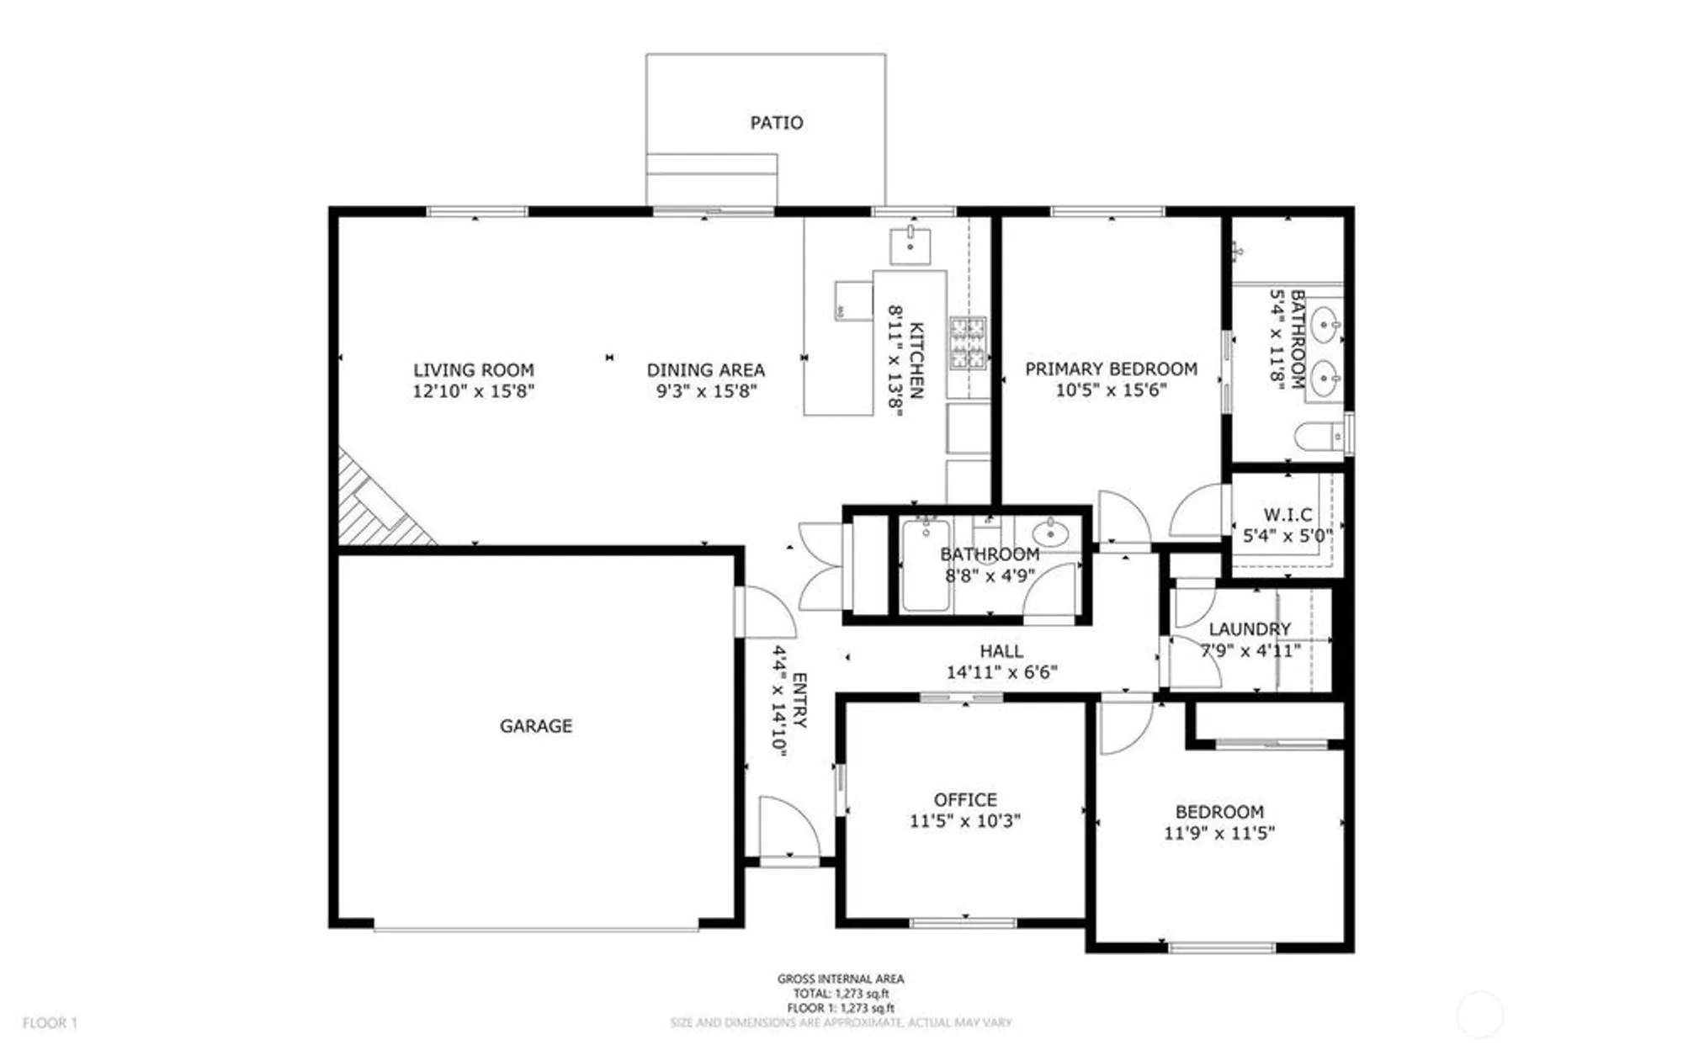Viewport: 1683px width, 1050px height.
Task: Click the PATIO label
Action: tap(776, 123)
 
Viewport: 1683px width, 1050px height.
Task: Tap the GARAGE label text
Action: tap(536, 726)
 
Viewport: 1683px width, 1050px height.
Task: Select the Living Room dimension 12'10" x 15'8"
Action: tap(473, 391)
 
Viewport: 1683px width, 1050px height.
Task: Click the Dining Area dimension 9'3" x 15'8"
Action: tap(706, 391)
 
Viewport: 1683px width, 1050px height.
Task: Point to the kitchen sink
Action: tap(911, 245)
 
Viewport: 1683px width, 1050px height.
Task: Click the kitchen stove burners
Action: tap(968, 343)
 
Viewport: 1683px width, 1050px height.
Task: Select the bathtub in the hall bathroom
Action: tap(926, 565)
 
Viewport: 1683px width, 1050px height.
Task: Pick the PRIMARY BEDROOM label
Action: tap(1111, 369)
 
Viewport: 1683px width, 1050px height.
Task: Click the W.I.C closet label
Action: tap(1287, 514)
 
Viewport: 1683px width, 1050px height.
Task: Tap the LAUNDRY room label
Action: tap(1250, 629)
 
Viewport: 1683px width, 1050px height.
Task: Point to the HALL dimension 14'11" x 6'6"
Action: tap(1001, 672)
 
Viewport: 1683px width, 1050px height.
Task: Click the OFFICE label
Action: tap(965, 800)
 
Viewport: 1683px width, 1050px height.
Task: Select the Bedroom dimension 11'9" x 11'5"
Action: tap(1219, 834)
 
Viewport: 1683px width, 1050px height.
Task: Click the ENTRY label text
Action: tap(800, 700)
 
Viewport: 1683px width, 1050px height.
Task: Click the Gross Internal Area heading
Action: tap(840, 978)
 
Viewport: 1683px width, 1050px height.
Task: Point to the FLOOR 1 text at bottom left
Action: tap(50, 1023)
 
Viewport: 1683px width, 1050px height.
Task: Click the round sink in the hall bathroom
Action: tap(1049, 533)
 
